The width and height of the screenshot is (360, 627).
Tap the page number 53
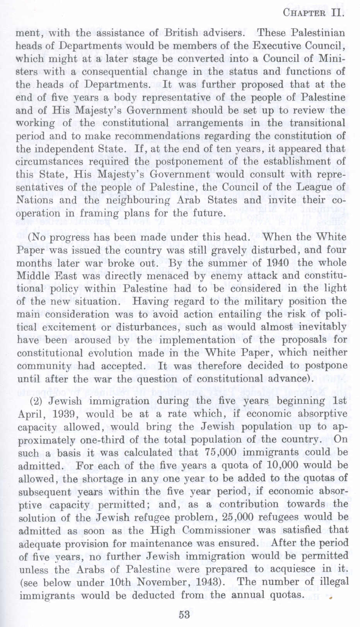click(x=184, y=614)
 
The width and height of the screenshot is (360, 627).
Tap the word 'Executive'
click(x=278, y=46)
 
